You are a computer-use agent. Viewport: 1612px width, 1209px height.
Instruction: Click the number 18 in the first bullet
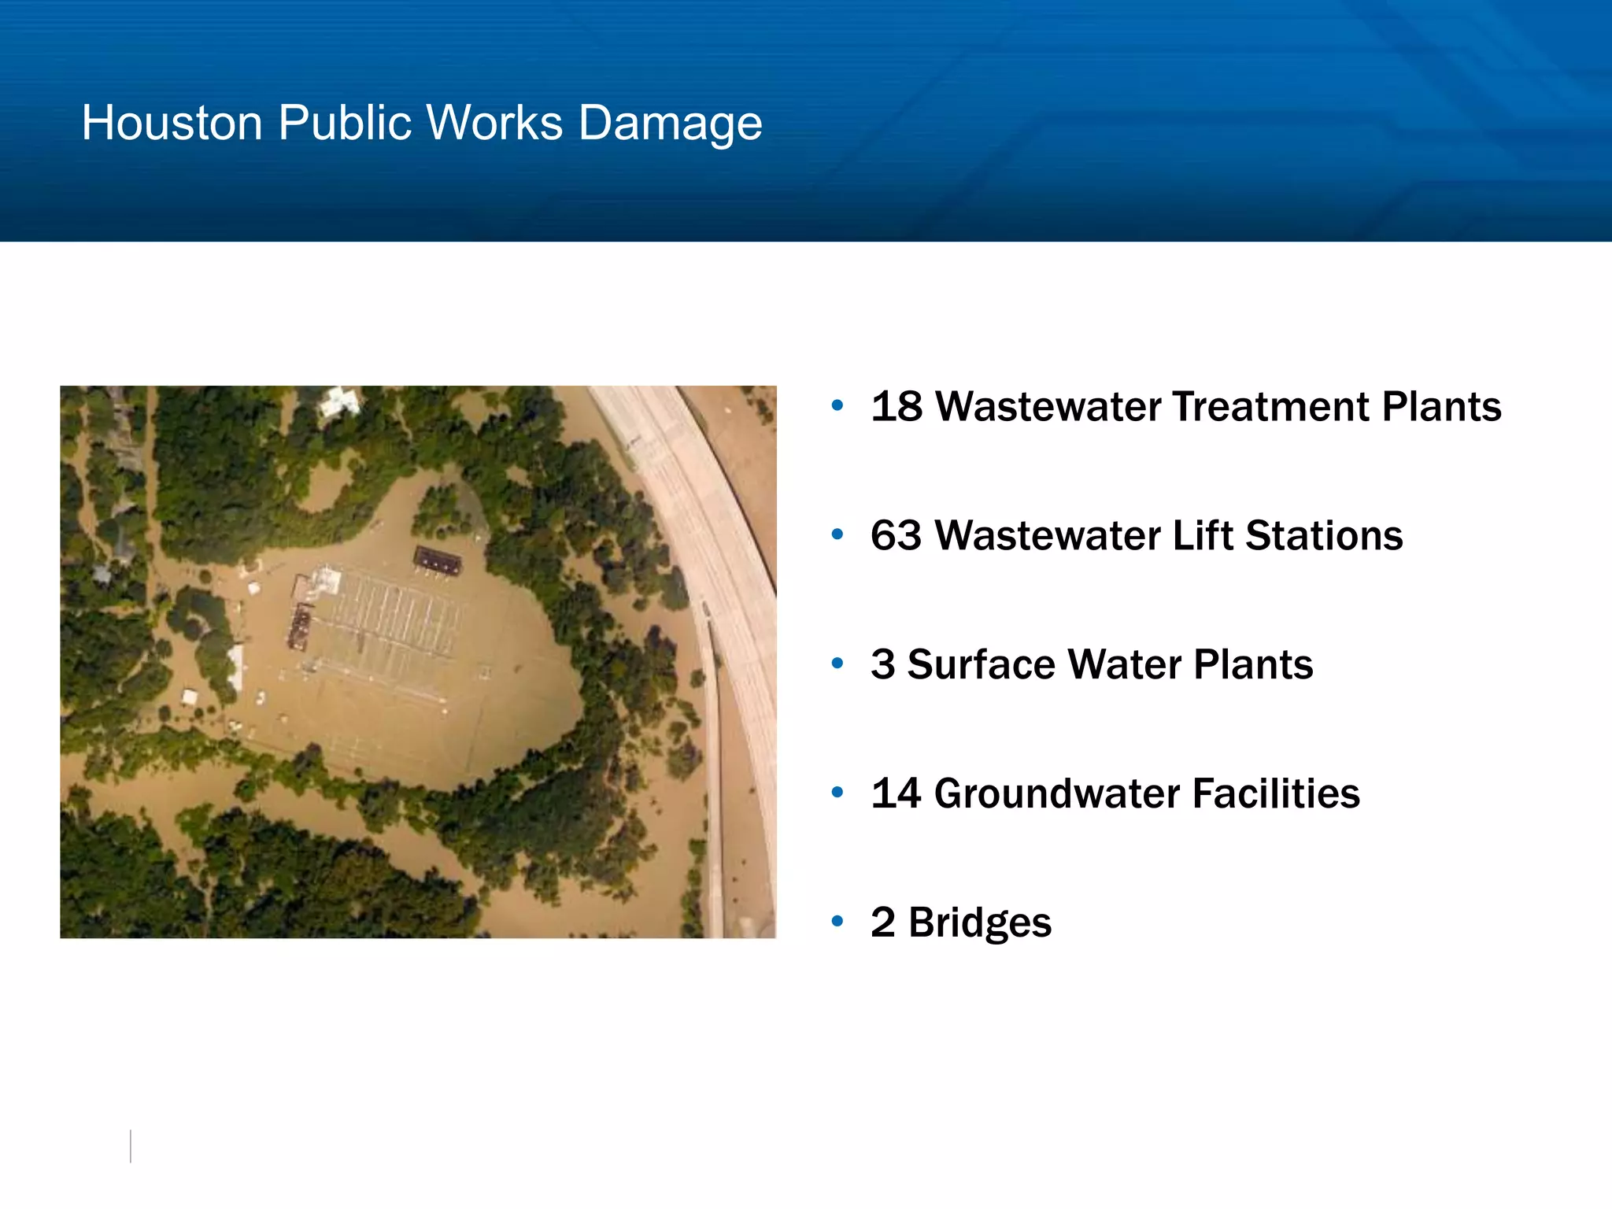point(896,407)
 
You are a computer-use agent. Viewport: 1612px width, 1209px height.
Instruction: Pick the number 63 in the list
point(896,536)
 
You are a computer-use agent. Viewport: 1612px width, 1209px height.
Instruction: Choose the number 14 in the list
point(896,793)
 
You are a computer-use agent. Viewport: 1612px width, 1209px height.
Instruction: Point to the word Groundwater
point(1056,793)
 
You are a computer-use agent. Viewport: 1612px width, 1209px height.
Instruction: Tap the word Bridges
point(979,923)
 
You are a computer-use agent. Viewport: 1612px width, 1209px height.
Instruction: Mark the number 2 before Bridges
point(882,922)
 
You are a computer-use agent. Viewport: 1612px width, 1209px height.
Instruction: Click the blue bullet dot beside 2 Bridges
point(837,921)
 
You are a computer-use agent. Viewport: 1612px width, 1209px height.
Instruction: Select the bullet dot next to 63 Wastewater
point(837,534)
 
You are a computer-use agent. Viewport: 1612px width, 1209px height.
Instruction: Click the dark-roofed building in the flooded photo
point(438,560)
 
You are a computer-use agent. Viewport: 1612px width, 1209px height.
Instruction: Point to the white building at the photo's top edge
point(339,401)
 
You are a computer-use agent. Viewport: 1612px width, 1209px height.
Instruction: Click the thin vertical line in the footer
point(131,1146)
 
